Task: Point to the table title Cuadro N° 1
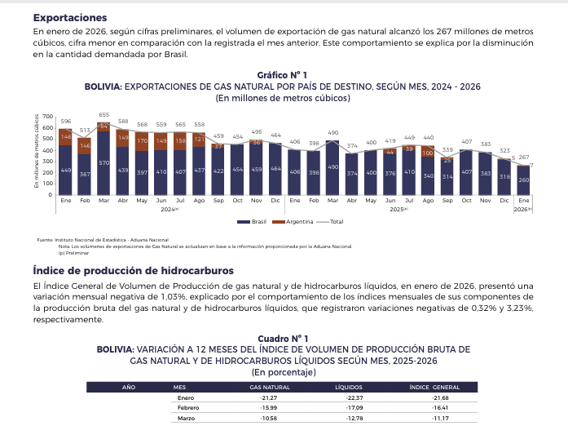[283, 337]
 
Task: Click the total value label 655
[103, 115]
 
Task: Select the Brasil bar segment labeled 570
[103, 163]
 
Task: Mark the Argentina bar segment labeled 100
[428, 152]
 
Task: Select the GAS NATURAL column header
[269, 386]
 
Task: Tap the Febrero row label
[188, 407]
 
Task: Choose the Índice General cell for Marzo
[440, 418]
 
